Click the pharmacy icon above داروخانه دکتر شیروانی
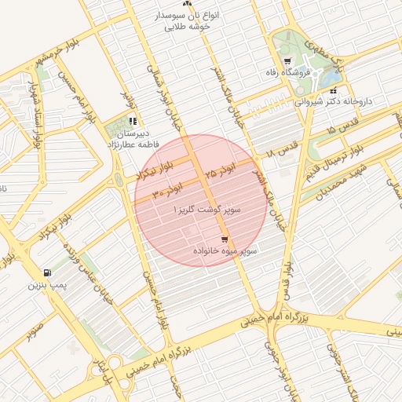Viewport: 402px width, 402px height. click(x=333, y=90)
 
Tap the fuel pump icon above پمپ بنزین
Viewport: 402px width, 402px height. click(x=49, y=272)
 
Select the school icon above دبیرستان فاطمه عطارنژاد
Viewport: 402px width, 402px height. click(x=133, y=121)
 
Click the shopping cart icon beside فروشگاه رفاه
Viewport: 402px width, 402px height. click(x=287, y=61)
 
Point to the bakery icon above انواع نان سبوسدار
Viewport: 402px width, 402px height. click(x=186, y=4)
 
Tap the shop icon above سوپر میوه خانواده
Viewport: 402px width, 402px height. click(x=225, y=239)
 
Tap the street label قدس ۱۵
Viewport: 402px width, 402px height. click(x=342, y=125)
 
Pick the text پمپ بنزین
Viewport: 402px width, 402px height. click(x=44, y=286)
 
